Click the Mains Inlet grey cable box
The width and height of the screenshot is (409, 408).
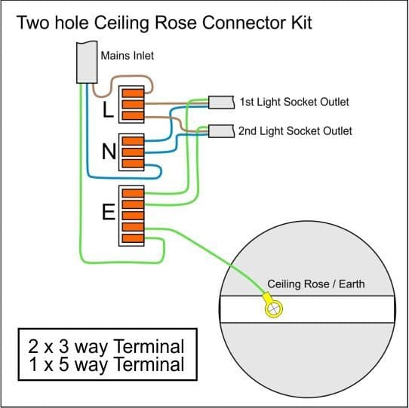87,63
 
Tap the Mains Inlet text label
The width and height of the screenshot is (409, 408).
128,56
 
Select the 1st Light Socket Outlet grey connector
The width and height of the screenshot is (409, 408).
221,103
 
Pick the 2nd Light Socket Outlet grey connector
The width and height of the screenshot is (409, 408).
221,131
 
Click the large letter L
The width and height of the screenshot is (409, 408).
108,109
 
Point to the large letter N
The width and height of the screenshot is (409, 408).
109,152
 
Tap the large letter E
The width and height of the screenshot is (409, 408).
108,212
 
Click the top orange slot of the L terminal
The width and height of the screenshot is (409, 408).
133,93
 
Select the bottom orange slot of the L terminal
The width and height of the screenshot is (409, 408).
133,115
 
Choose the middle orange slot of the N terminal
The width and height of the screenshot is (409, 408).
133,152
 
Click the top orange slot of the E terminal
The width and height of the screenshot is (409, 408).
133,193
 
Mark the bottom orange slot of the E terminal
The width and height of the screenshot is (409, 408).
133,238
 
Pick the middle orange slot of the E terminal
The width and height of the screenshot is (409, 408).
133,216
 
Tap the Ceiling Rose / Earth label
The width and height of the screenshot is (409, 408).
316,284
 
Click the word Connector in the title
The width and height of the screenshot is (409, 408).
243,23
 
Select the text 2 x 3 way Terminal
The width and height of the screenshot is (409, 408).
106,346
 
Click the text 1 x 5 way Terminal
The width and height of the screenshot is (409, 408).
106,364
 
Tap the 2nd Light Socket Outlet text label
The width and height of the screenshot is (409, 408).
295,131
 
